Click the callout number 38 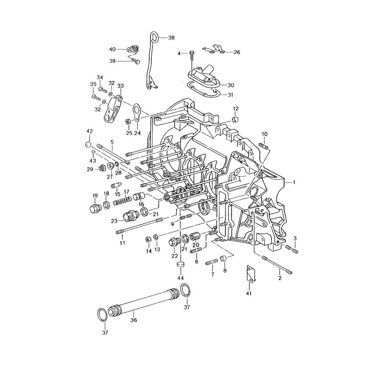click(171, 38)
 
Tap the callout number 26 click(237, 52)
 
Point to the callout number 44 click(180, 278)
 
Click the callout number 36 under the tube click(134, 320)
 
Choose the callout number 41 click(249, 293)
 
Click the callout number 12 click(236, 109)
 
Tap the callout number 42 click(90, 131)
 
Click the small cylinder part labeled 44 click(180, 265)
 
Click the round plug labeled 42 click(88, 144)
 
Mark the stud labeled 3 click(292, 249)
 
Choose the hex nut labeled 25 click(128, 121)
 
